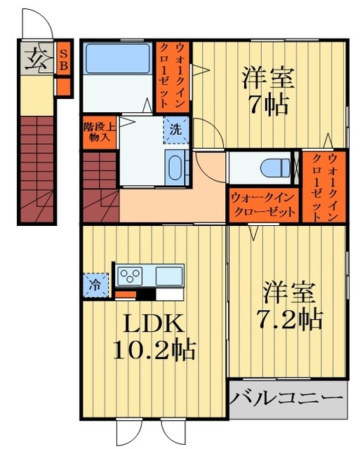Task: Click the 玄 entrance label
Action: coord(34,58)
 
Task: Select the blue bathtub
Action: coord(117,60)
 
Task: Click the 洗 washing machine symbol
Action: coord(177,129)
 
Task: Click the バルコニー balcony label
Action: coord(288,400)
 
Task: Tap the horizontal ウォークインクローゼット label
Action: coord(263,204)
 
